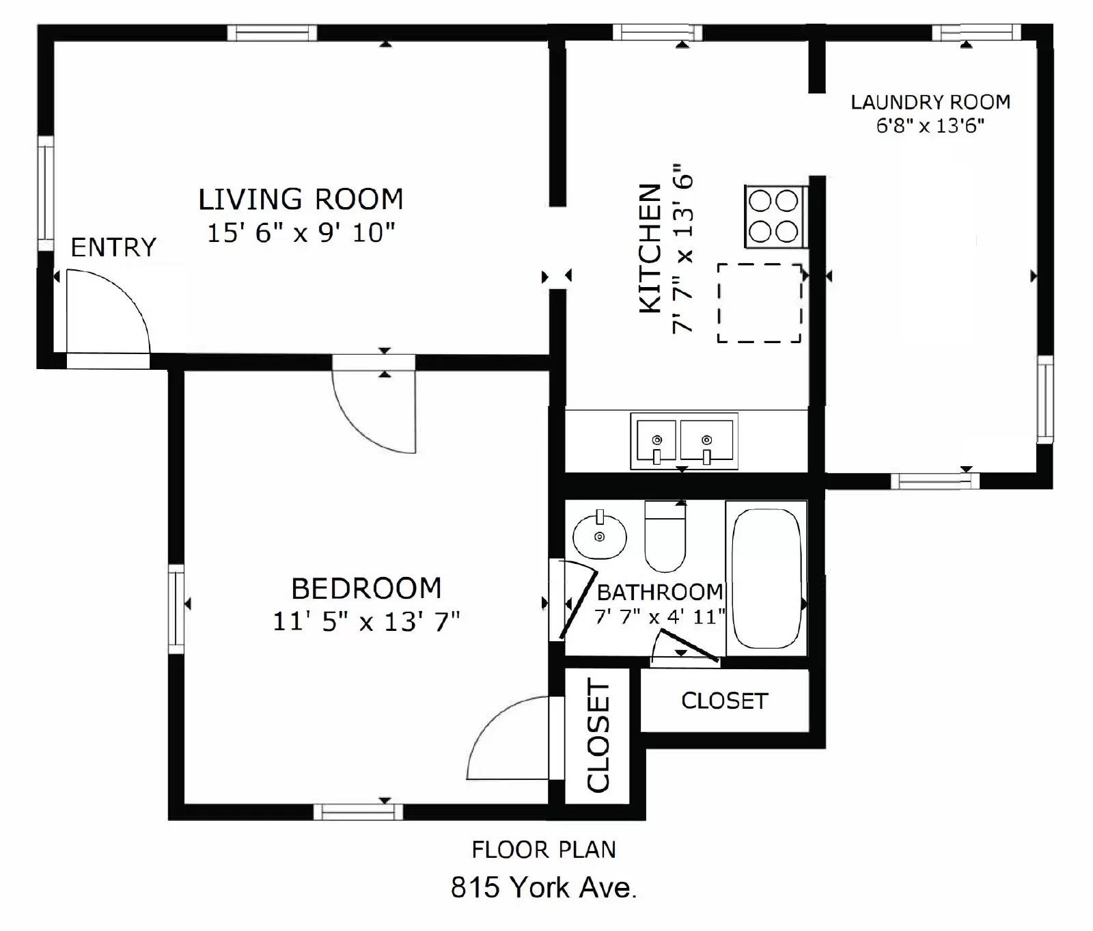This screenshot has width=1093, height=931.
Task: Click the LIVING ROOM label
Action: click(x=301, y=200)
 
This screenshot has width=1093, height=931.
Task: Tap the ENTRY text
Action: click(x=113, y=247)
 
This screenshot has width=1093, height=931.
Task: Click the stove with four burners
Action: click(x=774, y=217)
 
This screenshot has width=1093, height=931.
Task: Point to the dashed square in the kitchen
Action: click(x=759, y=303)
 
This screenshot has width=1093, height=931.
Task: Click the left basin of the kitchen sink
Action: click(x=656, y=441)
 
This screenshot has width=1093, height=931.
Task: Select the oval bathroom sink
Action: click(x=599, y=537)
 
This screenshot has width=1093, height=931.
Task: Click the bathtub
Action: click(x=766, y=578)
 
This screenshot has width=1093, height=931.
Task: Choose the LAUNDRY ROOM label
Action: click(x=930, y=103)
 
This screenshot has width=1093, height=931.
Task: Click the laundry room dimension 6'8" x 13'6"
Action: click(x=930, y=126)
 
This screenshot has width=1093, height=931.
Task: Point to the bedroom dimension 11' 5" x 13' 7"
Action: click(x=366, y=622)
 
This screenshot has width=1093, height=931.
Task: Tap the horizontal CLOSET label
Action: click(x=724, y=701)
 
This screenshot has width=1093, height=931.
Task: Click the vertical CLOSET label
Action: click(x=598, y=736)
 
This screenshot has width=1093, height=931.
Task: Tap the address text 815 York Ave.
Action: click(x=543, y=887)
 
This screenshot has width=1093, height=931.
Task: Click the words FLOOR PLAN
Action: click(x=543, y=850)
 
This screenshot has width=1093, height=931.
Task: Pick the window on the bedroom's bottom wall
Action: click(x=358, y=812)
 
